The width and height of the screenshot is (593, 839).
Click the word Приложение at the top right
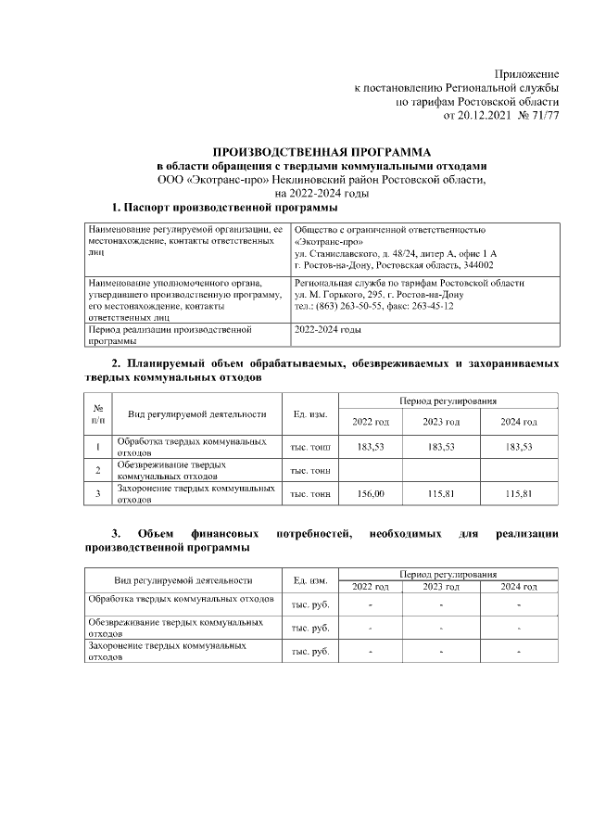click(526, 73)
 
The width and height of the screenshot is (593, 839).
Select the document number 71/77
click(541, 115)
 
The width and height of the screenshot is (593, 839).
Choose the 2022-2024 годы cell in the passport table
click(327, 329)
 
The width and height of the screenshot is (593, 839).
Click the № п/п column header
click(97, 414)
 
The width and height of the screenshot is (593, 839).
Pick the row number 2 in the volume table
click(97, 470)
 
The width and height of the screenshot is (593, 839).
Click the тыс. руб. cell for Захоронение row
click(310, 652)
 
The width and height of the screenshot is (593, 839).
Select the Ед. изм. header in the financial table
click(310, 580)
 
